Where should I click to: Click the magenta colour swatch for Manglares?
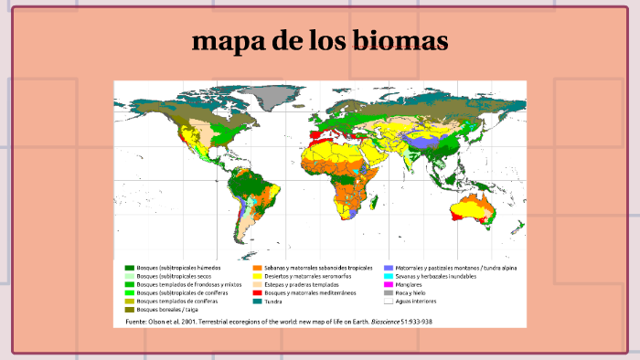click(x=389, y=283)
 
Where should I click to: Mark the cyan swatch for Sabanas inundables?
click(x=389, y=275)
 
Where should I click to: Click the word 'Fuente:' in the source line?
click(x=137, y=322)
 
